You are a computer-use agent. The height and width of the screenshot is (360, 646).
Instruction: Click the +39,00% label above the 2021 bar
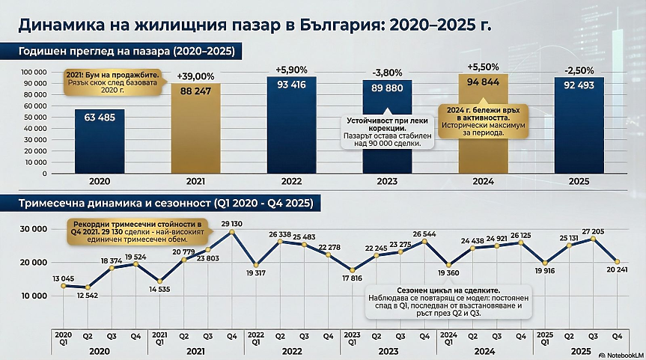point(195,76)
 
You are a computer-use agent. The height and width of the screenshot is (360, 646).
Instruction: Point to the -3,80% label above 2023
point(388,73)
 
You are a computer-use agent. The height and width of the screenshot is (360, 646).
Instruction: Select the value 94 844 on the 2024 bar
point(484,82)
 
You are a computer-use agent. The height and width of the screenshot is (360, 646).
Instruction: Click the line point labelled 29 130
point(231,232)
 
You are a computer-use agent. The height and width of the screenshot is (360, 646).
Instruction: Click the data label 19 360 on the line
point(448,275)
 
